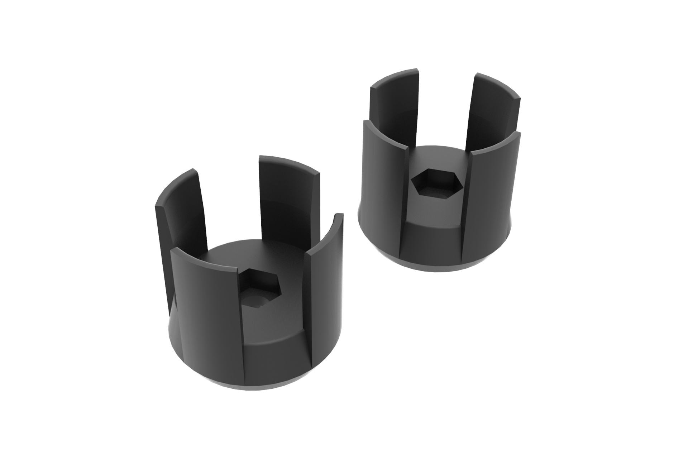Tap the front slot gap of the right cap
pos(434,233)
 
